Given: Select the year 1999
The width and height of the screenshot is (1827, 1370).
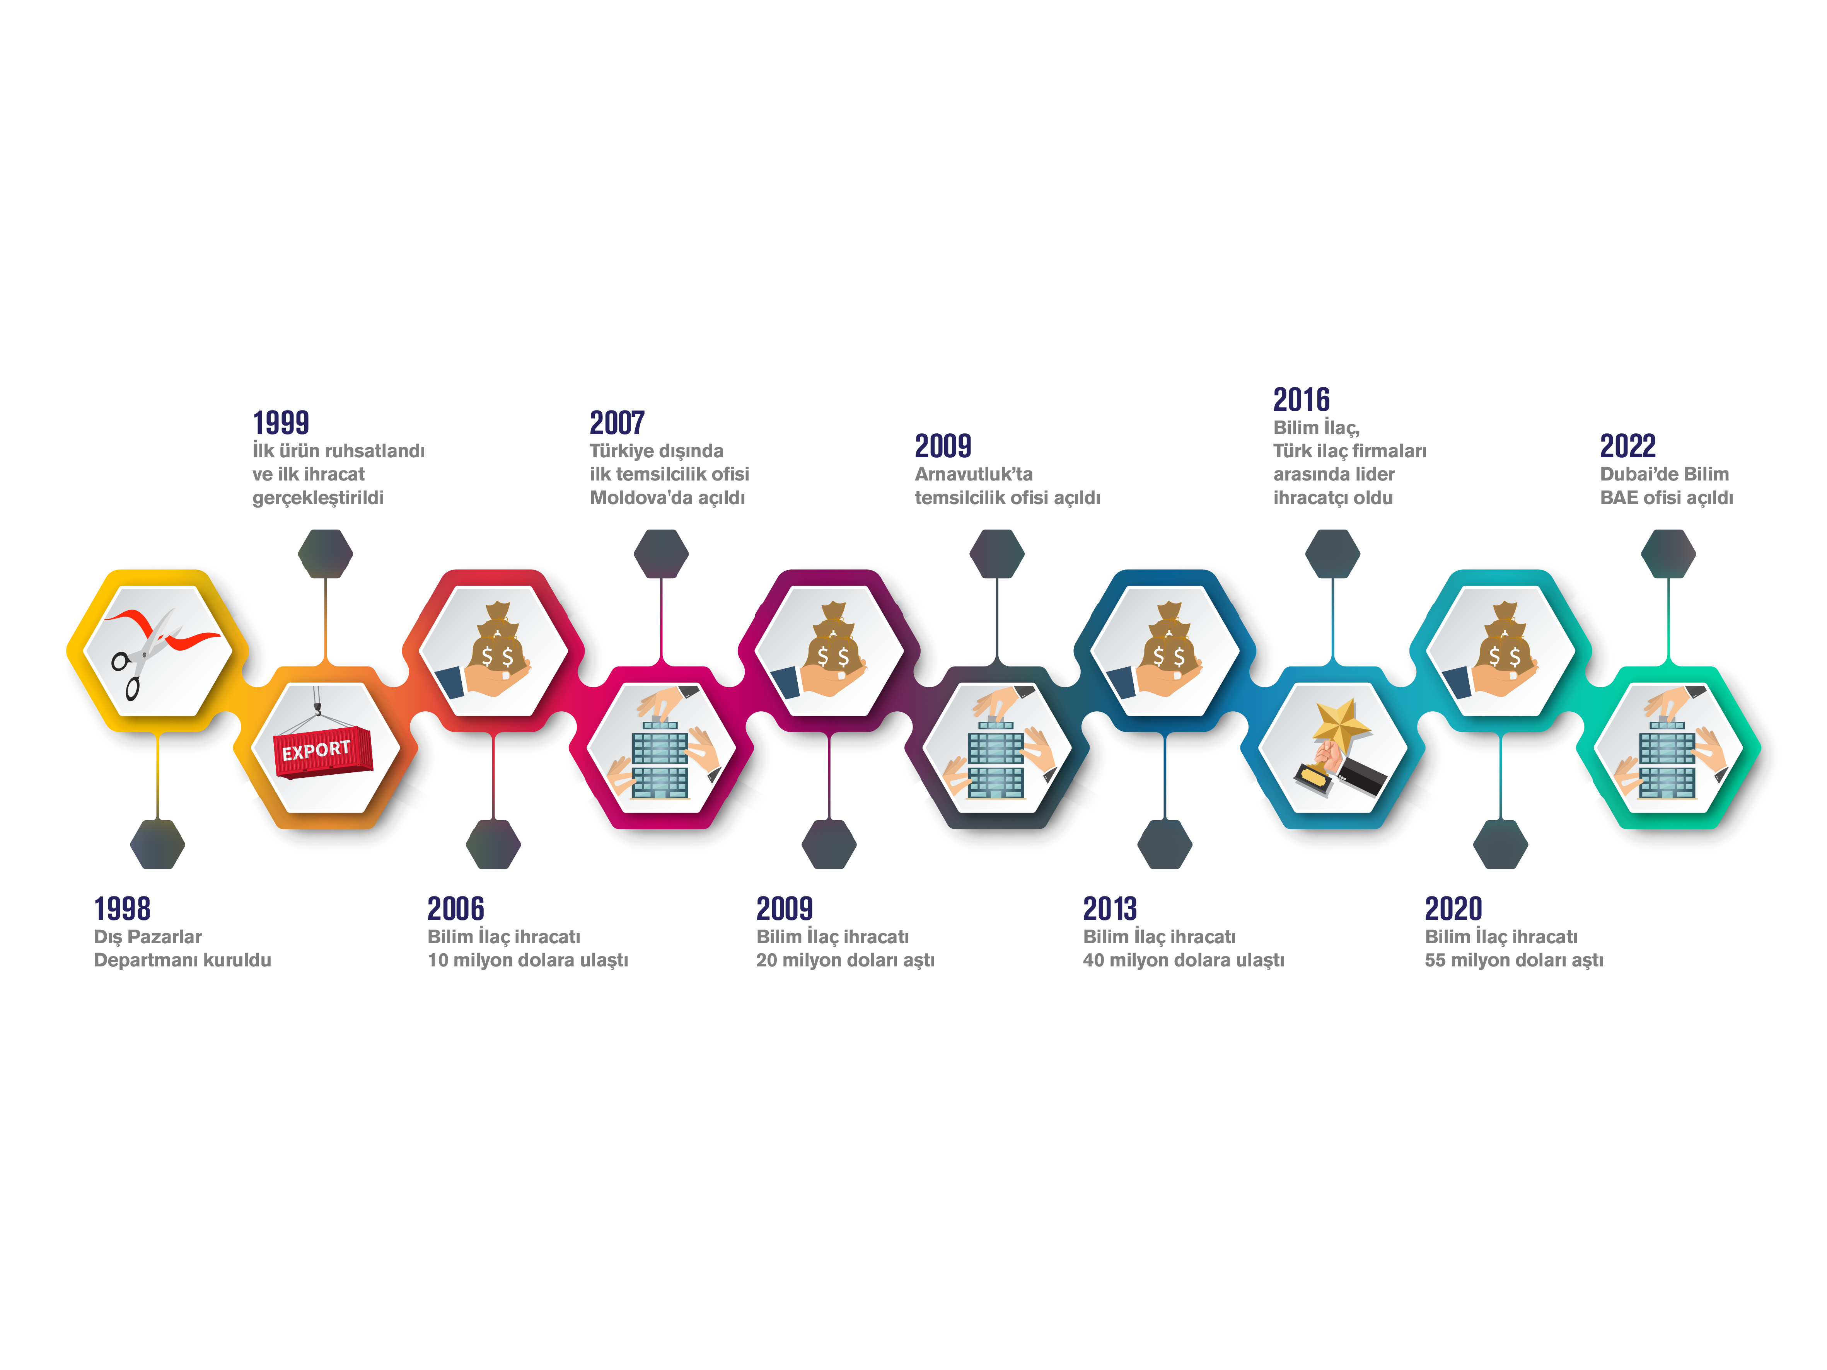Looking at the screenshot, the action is tap(281, 423).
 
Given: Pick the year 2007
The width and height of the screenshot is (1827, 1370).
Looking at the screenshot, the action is tap(617, 423).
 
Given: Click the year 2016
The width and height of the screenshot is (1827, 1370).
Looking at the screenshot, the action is tap(1302, 400).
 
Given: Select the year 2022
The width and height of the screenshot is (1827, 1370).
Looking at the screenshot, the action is tap(1628, 446).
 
